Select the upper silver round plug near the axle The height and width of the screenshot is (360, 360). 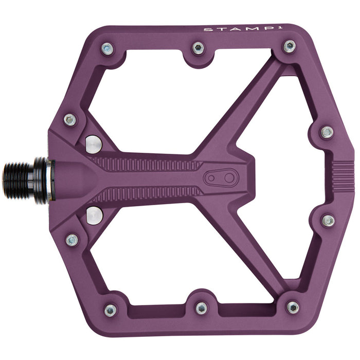93,143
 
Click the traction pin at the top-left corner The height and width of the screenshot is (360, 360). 107,49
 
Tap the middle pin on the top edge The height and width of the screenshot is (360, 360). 198,48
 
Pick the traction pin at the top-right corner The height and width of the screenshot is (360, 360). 290,46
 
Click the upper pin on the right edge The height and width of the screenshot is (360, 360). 327,132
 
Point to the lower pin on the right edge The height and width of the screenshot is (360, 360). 328,221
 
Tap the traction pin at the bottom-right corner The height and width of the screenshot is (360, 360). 293,308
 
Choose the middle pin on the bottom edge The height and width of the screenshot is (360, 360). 201,308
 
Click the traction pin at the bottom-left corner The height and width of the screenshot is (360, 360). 110,310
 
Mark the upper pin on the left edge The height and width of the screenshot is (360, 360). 70,120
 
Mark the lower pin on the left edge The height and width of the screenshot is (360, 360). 72,240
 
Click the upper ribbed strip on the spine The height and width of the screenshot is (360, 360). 149,165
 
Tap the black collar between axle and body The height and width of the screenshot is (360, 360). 43,180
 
